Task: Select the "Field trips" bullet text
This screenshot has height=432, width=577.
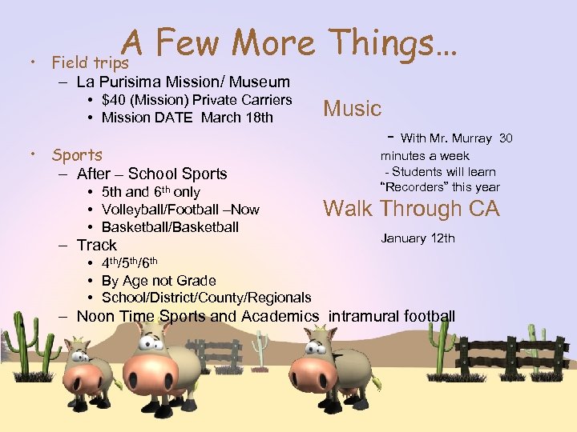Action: point(89,62)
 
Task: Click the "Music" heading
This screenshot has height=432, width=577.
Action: point(352,109)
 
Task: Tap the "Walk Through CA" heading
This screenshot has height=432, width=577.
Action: point(410,209)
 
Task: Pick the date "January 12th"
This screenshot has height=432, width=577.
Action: point(418,238)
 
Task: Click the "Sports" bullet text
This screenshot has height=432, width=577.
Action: point(77,155)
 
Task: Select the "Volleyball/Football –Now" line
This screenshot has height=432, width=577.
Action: point(180,210)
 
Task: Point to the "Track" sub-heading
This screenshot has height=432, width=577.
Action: point(96,245)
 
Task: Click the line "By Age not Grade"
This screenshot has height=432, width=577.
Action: point(159,280)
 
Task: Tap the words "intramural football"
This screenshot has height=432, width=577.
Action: point(392,316)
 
